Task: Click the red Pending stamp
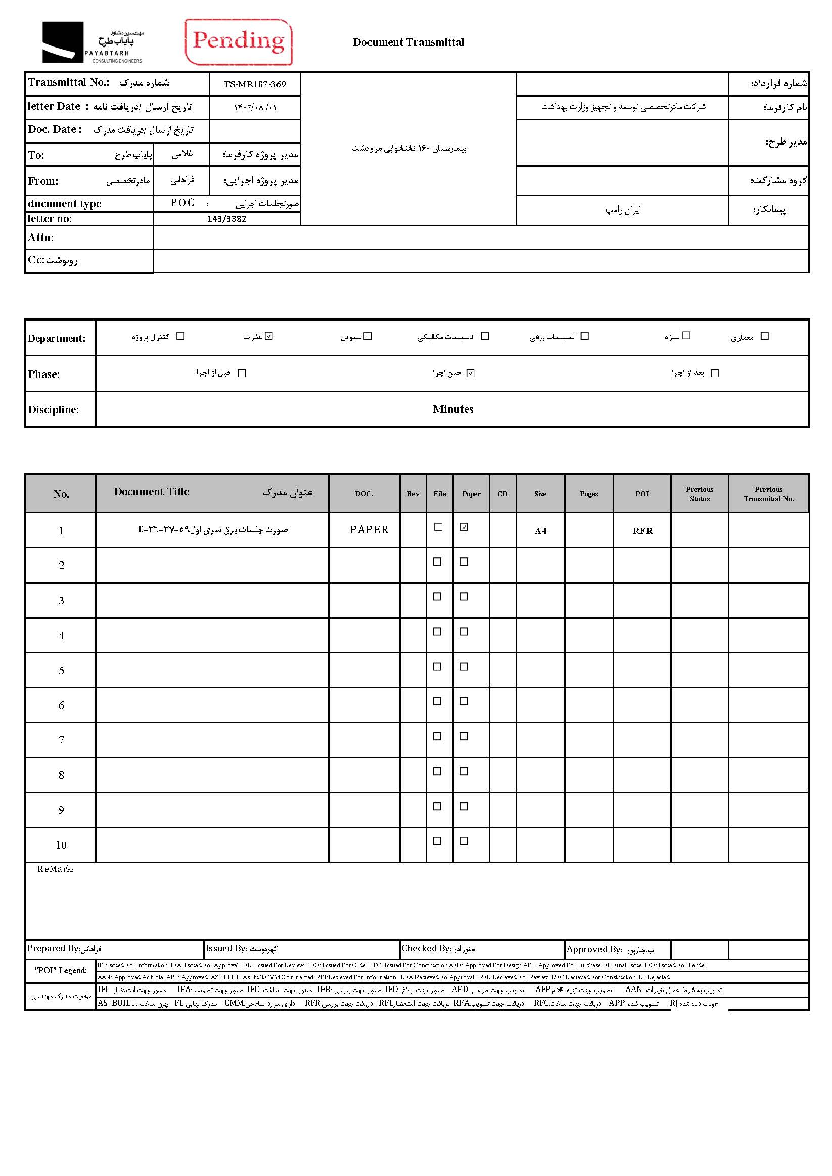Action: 238,42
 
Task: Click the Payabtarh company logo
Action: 93,42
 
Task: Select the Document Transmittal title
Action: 408,42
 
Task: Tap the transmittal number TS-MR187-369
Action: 255,84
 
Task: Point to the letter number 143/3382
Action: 226,219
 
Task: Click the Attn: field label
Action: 41,238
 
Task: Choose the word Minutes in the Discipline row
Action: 453,409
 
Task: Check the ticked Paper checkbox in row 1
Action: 464,527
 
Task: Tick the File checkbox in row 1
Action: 438,527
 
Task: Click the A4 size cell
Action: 540,531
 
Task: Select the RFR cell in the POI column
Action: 642,531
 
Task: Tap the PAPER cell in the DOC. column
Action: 369,530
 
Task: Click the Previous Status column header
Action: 699,494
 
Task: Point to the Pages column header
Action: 589,494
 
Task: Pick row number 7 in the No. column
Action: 62,740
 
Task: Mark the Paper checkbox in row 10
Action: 464,841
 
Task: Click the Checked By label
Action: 426,949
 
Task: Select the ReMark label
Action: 55,869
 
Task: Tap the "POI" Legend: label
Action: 61,971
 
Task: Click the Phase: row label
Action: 44,374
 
